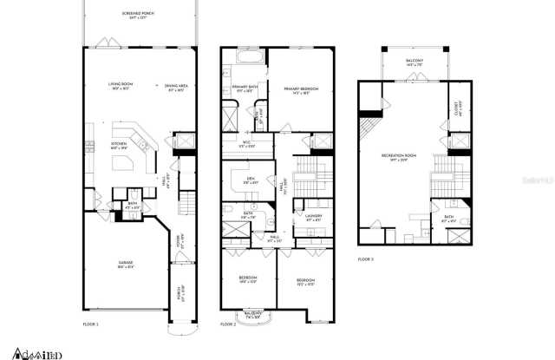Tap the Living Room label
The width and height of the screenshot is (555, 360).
119,86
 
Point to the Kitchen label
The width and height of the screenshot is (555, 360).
120,146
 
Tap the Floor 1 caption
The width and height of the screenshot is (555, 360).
91,324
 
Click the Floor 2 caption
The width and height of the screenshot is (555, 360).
228,324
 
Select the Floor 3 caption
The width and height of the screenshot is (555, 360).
366,259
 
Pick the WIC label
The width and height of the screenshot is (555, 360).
246,144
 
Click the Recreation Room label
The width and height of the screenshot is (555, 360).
399,157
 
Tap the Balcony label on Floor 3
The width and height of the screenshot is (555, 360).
415,61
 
